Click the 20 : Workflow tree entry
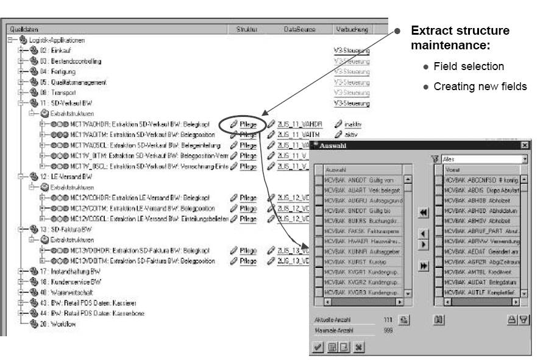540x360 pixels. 62,324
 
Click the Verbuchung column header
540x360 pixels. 352,29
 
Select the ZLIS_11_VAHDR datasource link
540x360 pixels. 298,124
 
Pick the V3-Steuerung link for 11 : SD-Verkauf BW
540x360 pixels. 352,104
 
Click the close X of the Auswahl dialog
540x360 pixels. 524,146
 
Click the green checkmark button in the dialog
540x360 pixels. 318,347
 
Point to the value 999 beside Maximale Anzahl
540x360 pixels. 388,331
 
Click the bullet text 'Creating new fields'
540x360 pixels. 480,86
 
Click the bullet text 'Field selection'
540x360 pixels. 468,66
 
